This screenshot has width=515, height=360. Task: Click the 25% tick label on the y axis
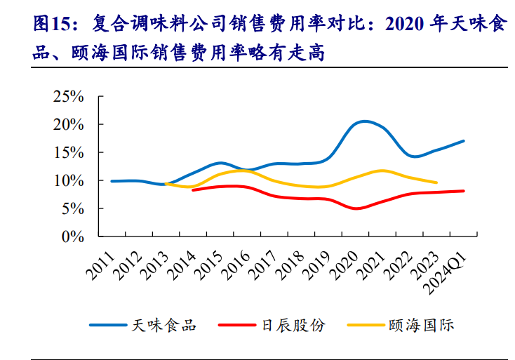(69, 96)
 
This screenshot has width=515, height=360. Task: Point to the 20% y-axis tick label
(69, 124)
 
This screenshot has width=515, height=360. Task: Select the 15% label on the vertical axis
(69, 152)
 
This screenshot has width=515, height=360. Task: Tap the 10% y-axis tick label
(69, 180)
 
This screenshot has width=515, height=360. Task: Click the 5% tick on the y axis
(73, 208)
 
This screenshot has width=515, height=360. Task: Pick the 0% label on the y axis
(73, 236)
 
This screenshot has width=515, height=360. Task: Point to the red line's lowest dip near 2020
(357, 208)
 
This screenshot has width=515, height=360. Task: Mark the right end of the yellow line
(436, 182)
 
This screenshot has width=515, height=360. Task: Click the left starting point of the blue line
(112, 181)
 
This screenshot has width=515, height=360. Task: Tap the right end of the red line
(463, 191)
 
